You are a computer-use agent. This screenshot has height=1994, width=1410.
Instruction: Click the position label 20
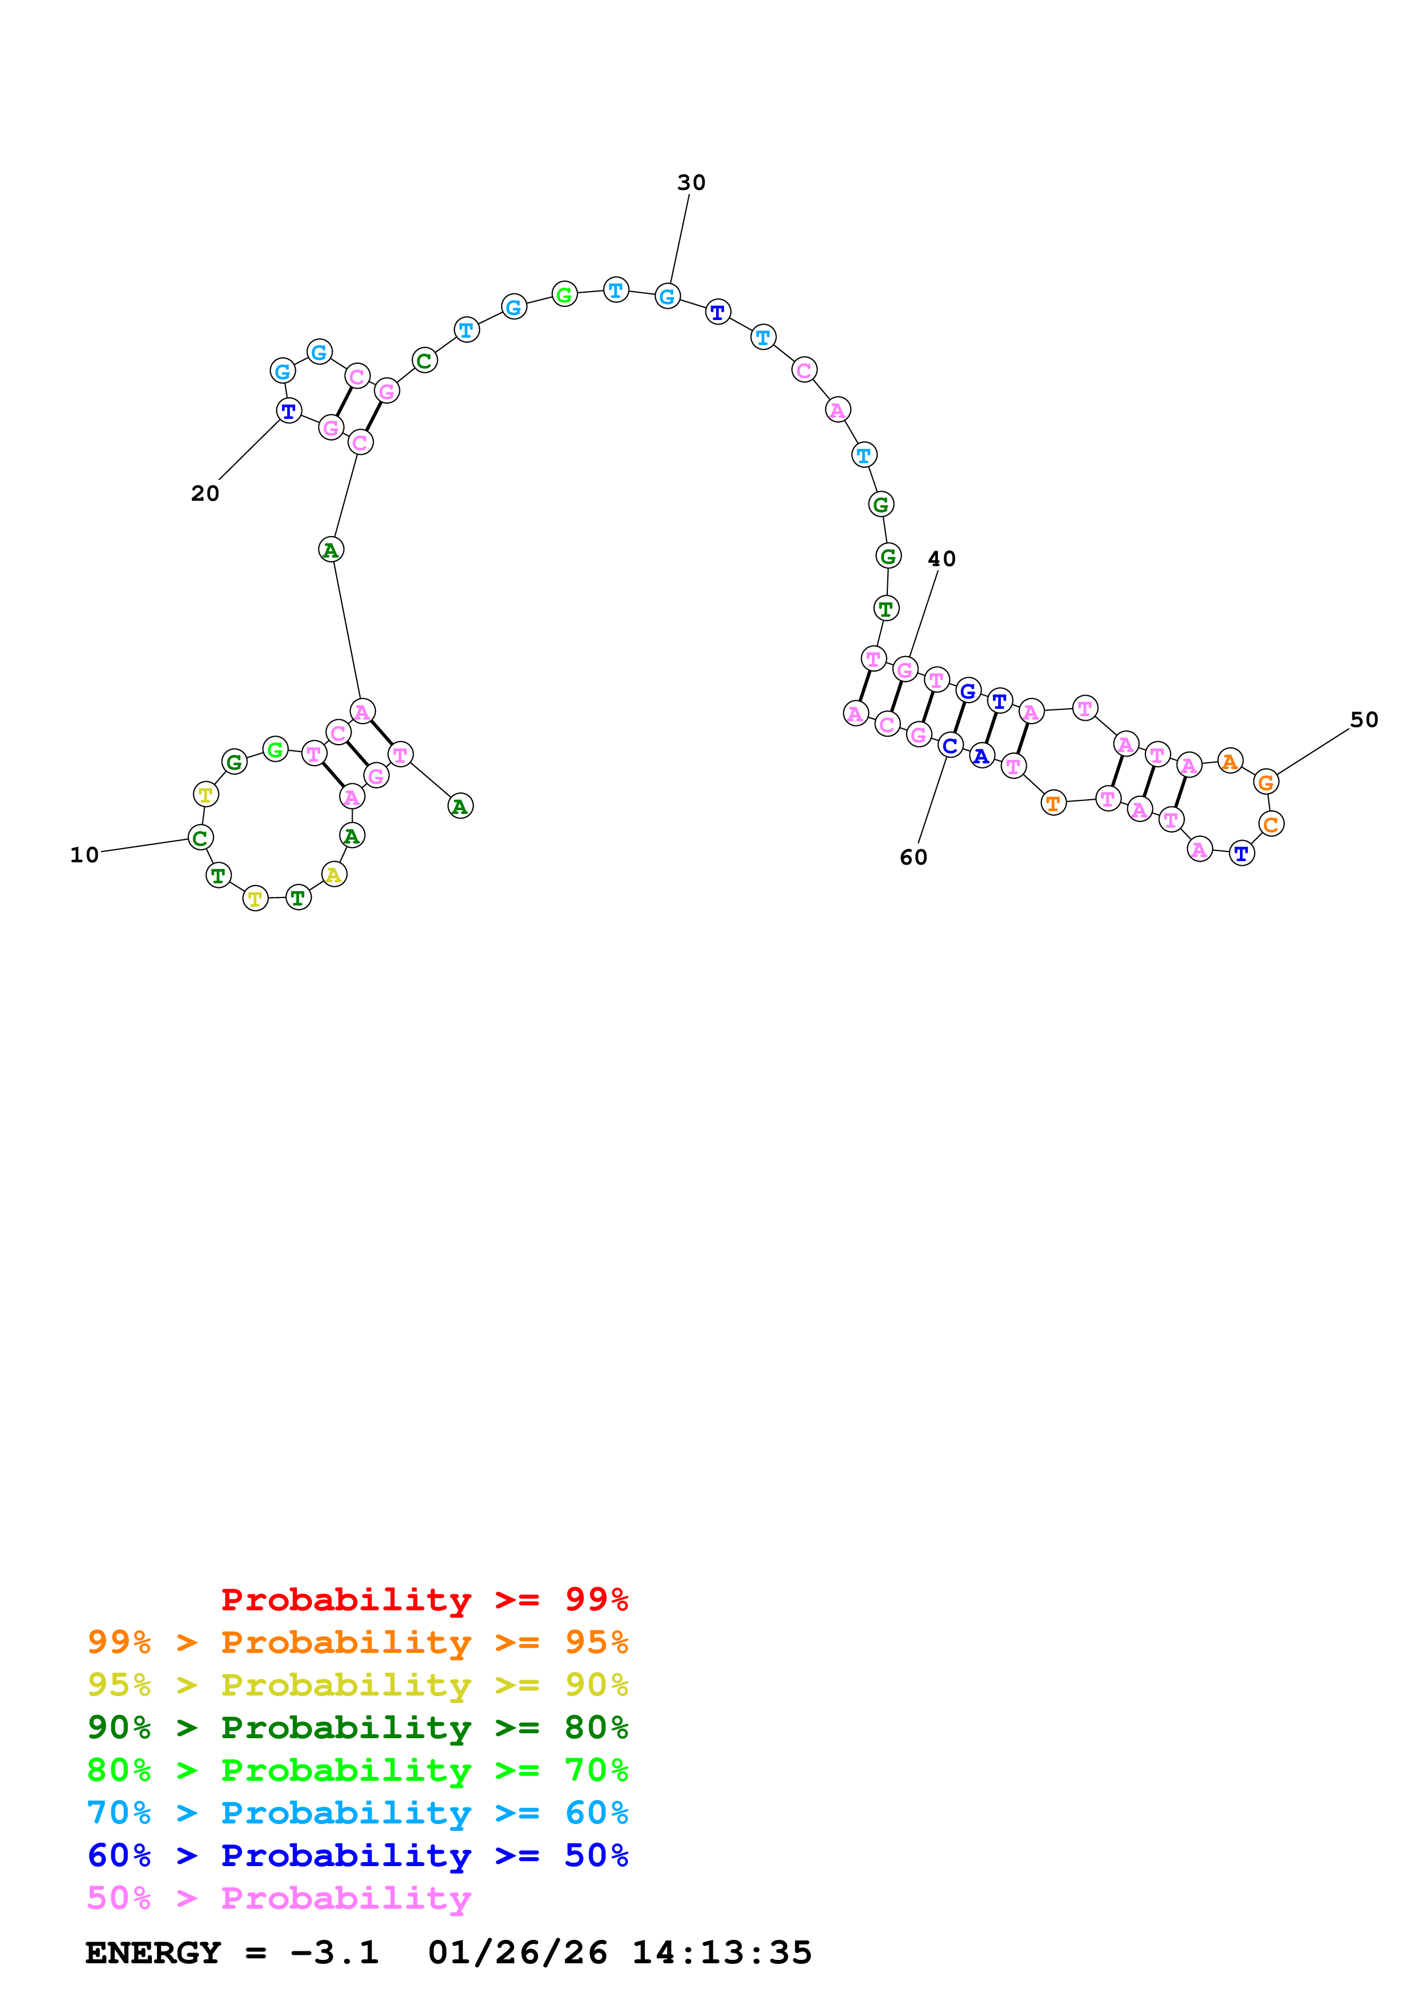tap(205, 493)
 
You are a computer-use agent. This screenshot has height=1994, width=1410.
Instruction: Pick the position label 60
tap(913, 857)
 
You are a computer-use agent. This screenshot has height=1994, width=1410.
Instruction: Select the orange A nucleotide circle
tap(1229, 762)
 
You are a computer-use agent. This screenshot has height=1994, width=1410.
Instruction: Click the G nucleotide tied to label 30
tap(667, 297)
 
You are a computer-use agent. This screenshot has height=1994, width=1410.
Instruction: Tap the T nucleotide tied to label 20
tap(288, 411)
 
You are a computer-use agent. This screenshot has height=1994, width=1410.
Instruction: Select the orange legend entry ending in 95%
tap(357, 1642)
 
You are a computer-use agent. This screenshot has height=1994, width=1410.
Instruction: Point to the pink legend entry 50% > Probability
tap(278, 1897)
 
